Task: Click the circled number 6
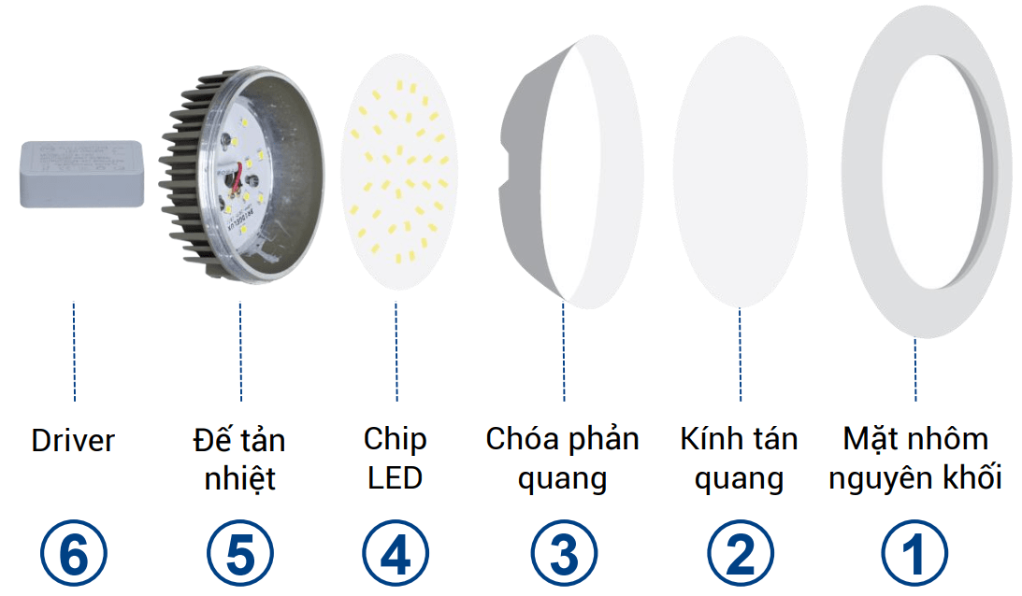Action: point(73,554)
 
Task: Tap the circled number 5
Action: point(239,554)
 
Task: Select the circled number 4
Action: point(396,554)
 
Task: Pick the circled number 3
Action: point(564,554)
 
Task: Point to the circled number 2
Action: point(740,554)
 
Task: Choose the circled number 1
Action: point(914,554)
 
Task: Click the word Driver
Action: point(73,440)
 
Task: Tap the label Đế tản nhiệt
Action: point(239,459)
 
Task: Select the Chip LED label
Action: point(396,458)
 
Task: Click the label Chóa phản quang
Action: point(563,458)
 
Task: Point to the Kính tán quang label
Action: point(739,458)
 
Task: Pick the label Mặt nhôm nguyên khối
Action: point(915,458)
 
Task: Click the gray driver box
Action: point(81,174)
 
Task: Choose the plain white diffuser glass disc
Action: point(740,174)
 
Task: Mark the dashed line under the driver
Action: point(74,350)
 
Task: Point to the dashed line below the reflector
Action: point(564,350)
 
